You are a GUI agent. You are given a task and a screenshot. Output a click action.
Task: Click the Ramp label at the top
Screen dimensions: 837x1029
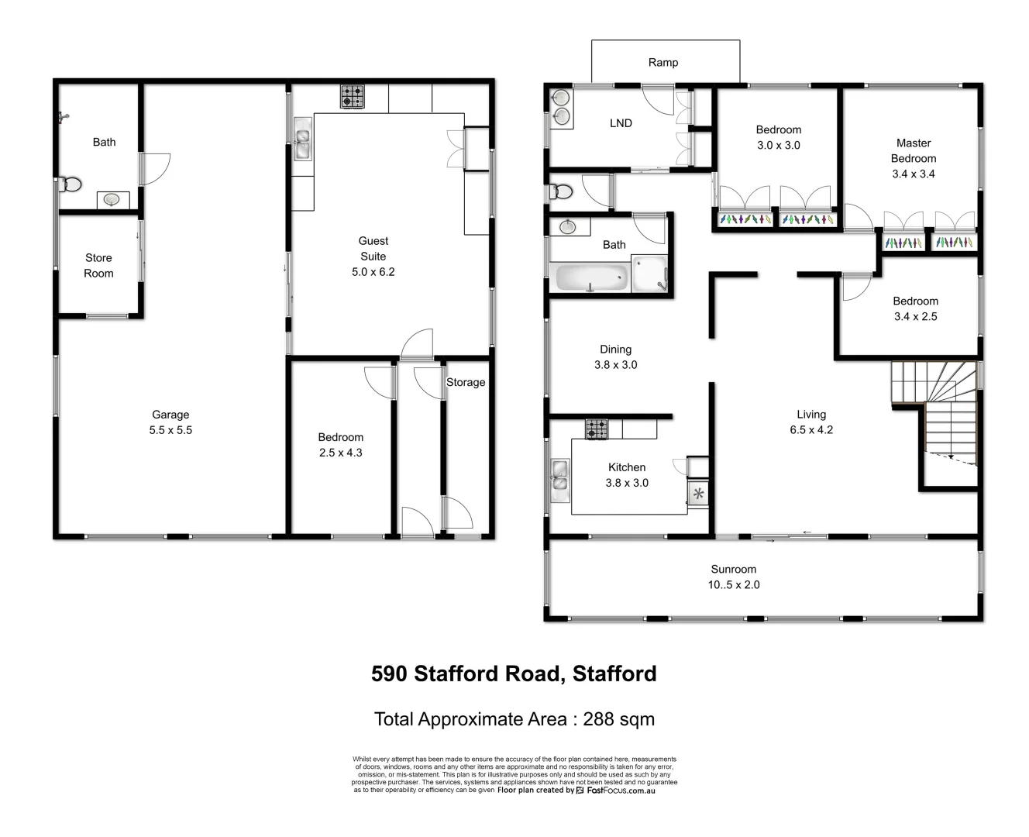coord(662,62)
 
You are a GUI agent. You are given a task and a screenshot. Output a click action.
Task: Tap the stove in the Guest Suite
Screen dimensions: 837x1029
coord(353,96)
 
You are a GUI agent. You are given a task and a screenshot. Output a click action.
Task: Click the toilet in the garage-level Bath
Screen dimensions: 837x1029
coord(70,184)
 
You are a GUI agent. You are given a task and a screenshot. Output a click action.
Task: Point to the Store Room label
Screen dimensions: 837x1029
coord(98,265)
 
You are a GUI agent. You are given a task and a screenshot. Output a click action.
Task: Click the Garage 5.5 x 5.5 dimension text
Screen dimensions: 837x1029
coord(170,430)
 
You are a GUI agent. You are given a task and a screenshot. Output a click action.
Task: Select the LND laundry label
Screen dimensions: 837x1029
coord(621,122)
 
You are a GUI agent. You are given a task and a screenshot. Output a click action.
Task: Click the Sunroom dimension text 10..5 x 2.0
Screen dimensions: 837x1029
coord(733,585)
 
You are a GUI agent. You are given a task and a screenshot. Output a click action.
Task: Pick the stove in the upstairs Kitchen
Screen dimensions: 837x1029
coord(597,429)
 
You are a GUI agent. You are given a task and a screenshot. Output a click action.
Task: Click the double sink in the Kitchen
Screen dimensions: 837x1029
coord(559,475)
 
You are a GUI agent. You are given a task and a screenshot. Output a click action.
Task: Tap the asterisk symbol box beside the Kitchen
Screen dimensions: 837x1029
coord(698,494)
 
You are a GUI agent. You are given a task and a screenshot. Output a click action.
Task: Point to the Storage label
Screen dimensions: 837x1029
coord(466,382)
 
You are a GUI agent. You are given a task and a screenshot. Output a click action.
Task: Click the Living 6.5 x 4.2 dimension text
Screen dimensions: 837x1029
coord(811,430)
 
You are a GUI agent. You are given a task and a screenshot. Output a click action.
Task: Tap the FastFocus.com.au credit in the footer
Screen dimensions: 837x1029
coord(621,790)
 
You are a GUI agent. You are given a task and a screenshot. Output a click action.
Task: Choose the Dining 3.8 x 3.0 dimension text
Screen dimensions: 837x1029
coord(615,365)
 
